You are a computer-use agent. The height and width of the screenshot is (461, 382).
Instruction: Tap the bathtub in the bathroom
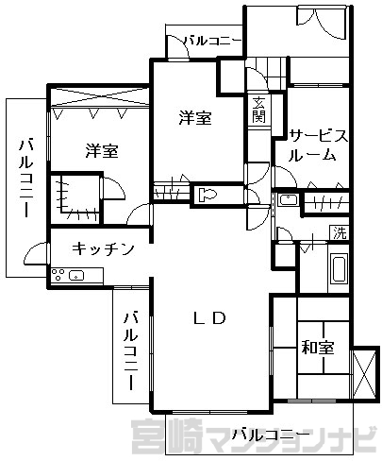pyautogui.click(x=339, y=269)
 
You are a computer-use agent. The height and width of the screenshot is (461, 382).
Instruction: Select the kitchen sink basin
pyautogui.click(x=76, y=276)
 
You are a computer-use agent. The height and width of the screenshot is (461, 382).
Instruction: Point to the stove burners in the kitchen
pyautogui.click(x=58, y=274)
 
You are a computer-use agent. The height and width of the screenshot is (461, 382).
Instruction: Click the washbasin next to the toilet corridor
pyautogui.click(x=289, y=199)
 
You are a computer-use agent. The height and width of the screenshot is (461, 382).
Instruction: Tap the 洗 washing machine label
pyautogui.click(x=340, y=233)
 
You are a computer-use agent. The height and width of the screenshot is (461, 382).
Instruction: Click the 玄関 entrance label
pyautogui.click(x=259, y=110)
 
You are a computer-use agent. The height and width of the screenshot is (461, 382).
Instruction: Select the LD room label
pyautogui.click(x=210, y=318)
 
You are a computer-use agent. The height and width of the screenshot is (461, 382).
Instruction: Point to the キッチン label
pyautogui.click(x=103, y=249)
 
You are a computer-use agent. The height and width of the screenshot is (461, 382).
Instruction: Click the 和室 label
pyautogui.click(x=318, y=348)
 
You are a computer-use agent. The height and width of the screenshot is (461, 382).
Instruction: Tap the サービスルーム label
pyautogui.click(x=318, y=145)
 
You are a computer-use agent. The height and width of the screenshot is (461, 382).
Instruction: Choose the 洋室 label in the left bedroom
pyautogui.click(x=102, y=151)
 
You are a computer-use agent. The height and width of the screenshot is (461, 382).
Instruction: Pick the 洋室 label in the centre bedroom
pyautogui.click(x=195, y=118)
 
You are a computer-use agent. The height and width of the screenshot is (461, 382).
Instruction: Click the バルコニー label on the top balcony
pyautogui.click(x=213, y=42)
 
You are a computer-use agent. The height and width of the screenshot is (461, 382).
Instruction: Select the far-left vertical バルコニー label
pyautogui.click(x=27, y=178)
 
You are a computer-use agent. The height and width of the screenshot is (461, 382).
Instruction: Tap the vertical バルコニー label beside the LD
pyautogui.click(x=131, y=350)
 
